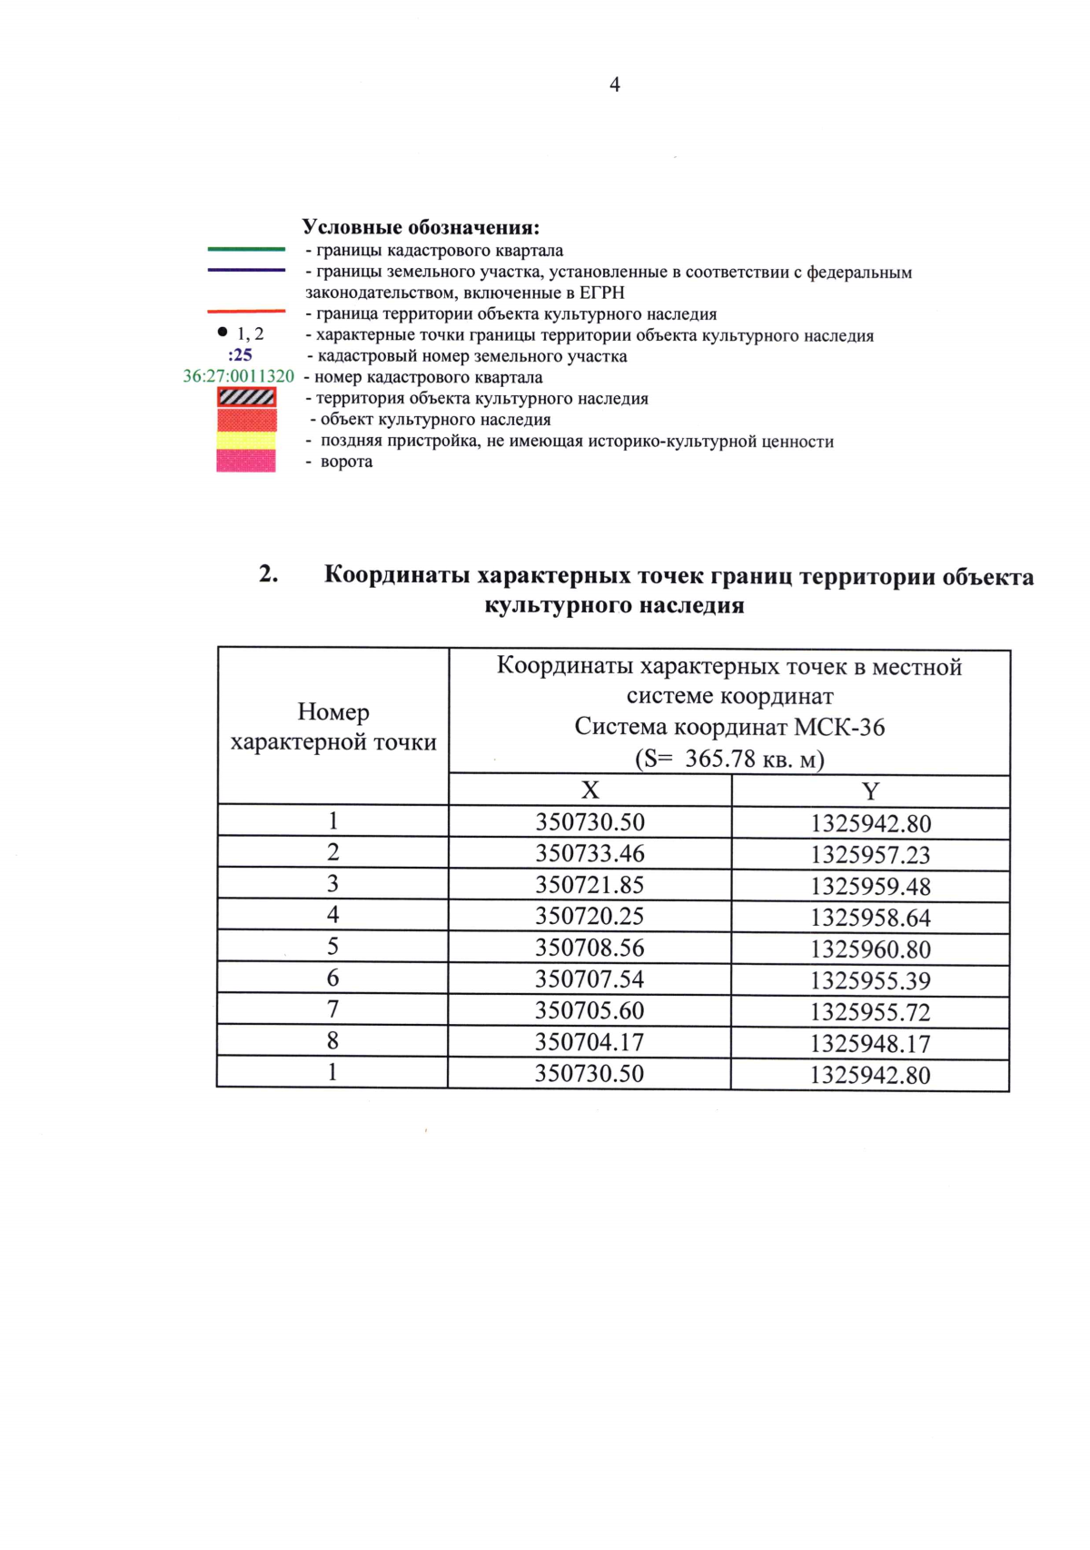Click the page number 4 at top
(x=615, y=84)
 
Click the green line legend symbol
(x=246, y=249)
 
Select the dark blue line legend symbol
(x=246, y=270)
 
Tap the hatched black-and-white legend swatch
(x=246, y=397)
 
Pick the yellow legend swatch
(x=246, y=440)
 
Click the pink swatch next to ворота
(x=246, y=462)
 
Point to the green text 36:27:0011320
(x=239, y=376)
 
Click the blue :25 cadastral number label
(x=240, y=355)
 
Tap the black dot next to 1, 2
(x=223, y=332)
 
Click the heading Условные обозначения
(x=421, y=227)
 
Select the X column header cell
(x=590, y=790)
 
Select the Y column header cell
(x=870, y=791)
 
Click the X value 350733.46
(x=590, y=853)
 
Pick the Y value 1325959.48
(x=870, y=887)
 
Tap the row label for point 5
(x=332, y=947)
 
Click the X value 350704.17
(x=590, y=1042)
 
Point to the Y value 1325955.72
(x=870, y=1012)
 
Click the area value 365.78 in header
(x=720, y=759)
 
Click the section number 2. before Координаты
(x=268, y=574)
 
